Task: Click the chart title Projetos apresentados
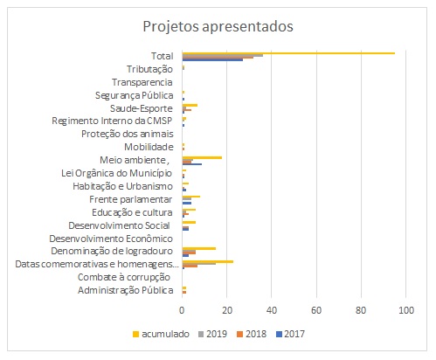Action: [218, 27]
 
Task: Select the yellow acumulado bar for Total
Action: [288, 53]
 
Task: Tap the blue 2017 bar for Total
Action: [212, 59]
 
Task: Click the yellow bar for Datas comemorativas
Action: [208, 261]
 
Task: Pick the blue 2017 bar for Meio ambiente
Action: [192, 164]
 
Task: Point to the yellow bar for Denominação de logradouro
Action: [199, 248]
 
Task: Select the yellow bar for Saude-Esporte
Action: [190, 105]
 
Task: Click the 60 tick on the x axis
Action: [316, 310]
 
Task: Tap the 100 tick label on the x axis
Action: [406, 310]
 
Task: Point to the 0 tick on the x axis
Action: [182, 310]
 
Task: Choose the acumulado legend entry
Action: [161, 334]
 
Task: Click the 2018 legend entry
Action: [252, 334]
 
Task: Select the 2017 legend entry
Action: [290, 334]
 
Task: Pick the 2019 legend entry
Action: [212, 334]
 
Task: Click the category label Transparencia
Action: [142, 82]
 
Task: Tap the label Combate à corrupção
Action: [124, 277]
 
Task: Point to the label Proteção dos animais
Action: [128, 134]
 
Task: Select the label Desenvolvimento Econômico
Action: [111, 239]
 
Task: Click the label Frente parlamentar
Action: [131, 200]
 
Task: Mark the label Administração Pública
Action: [126, 290]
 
